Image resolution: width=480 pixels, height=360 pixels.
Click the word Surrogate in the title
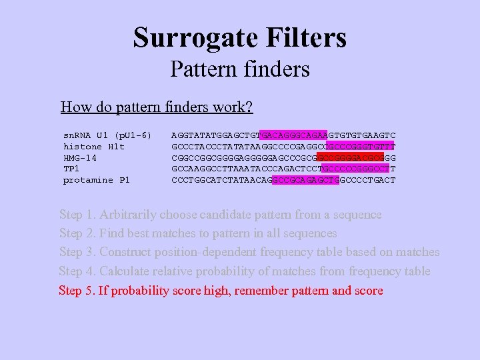[x=189, y=37]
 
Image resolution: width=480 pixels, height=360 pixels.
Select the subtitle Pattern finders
[x=239, y=69]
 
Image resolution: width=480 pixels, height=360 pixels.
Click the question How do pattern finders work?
[x=156, y=107]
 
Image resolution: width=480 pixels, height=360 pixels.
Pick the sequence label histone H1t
[x=93, y=147]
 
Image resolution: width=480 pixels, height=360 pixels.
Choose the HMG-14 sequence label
[x=79, y=158]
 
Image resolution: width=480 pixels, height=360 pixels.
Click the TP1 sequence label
[x=71, y=169]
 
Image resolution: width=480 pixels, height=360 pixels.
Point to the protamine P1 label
[x=96, y=180]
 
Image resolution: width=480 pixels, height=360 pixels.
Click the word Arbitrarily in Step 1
[x=129, y=215]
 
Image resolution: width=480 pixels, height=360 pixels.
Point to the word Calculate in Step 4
[x=125, y=271]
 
